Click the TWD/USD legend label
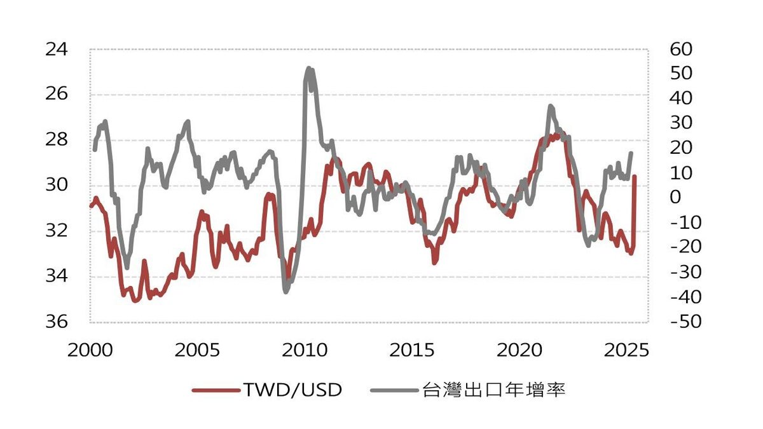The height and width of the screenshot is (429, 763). click(292, 390)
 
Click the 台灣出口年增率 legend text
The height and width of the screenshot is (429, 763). click(493, 390)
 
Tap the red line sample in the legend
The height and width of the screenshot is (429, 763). click(215, 390)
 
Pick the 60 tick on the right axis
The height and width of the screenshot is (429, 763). click(680, 49)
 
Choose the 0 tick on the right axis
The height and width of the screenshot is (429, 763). click(675, 198)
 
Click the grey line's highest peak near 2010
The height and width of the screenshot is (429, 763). click(308, 68)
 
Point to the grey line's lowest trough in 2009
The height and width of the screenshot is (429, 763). click(285, 292)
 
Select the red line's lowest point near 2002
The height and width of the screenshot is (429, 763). click(135, 301)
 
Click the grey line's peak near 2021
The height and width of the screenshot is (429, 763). click(550, 106)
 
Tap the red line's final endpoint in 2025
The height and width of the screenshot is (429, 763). click(635, 177)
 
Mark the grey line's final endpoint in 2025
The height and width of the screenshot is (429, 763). click(631, 153)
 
